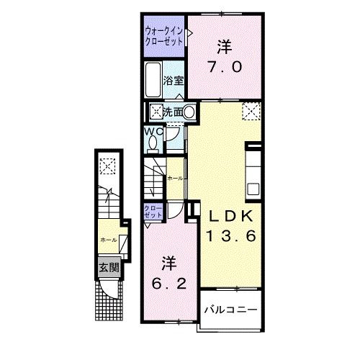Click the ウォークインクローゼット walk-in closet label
(163, 36)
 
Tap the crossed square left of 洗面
(156, 112)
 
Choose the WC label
(153, 131)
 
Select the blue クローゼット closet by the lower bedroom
(153, 212)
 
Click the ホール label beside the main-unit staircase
(175, 177)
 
